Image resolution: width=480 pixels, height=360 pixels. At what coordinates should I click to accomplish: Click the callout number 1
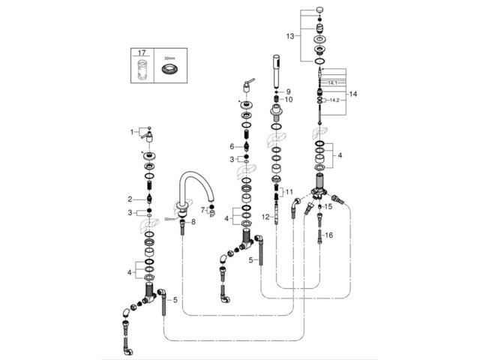click(132, 132)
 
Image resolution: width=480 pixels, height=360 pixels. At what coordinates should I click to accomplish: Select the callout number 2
click(130, 199)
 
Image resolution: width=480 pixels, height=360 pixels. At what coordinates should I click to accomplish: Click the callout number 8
click(193, 222)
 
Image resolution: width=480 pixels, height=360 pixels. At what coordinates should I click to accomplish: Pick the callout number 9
click(287, 91)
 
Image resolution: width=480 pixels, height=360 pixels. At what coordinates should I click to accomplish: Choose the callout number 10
click(289, 100)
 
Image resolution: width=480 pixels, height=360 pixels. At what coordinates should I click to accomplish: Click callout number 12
click(265, 217)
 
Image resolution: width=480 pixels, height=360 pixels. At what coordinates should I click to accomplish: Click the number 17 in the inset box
click(141, 53)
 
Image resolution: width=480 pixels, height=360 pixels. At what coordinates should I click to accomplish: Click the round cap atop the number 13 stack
click(320, 9)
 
